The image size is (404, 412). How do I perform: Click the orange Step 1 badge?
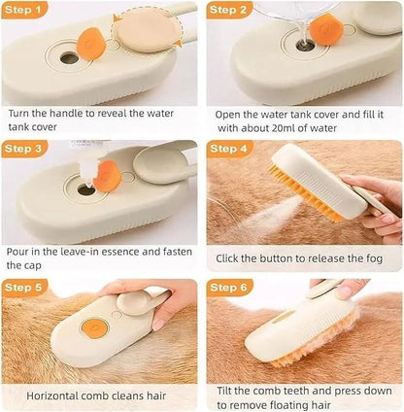coord(26,12)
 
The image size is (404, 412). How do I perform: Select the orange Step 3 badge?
coord(26,149)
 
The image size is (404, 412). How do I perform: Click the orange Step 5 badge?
coord(26,288)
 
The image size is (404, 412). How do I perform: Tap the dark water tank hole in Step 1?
coord(69,57)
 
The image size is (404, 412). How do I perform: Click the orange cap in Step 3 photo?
coord(109,181)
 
